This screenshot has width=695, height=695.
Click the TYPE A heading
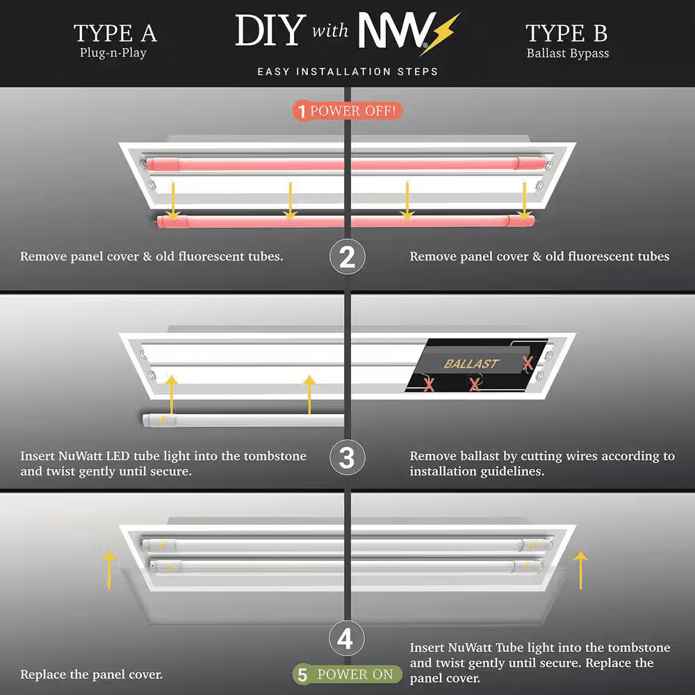(115, 33)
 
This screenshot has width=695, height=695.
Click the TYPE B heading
(568, 33)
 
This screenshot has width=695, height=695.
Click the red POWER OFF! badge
(347, 111)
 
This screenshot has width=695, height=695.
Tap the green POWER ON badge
(347, 674)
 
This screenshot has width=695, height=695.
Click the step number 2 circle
(347, 256)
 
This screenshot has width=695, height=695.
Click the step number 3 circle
(347, 459)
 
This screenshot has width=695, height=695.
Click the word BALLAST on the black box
(472, 363)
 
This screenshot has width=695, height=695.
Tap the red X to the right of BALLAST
(528, 363)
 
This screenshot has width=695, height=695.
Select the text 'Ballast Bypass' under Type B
(568, 54)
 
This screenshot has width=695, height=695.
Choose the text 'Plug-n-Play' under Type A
(113, 53)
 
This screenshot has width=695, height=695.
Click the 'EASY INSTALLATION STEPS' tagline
(347, 72)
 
